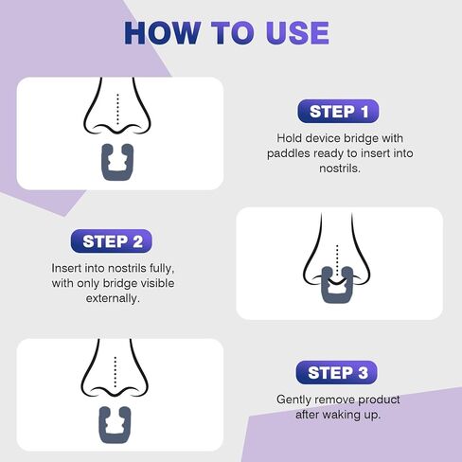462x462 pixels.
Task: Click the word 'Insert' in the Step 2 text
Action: click(x=69, y=268)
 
